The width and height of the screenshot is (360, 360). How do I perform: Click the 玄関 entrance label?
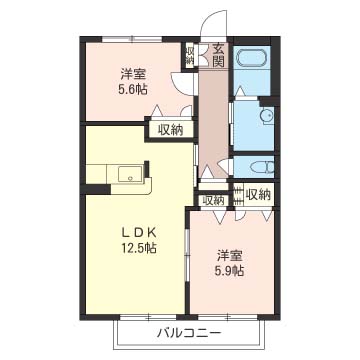[219, 55]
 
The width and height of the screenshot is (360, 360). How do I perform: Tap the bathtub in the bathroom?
[251, 58]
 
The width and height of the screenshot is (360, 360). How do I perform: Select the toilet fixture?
[263, 167]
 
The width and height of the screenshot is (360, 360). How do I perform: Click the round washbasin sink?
[266, 116]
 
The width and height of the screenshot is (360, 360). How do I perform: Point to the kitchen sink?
[130, 174]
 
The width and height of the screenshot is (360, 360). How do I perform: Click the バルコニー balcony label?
[189, 333]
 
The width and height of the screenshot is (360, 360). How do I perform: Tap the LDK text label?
[139, 233]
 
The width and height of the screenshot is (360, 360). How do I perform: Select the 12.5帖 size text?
[139, 248]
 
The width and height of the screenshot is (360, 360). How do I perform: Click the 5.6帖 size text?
[134, 89]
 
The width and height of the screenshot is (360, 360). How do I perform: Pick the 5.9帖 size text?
[230, 272]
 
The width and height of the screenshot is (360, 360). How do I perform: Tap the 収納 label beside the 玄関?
[190, 55]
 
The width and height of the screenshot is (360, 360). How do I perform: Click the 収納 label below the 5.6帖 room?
[170, 130]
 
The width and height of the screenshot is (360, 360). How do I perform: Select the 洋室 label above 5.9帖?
[230, 257]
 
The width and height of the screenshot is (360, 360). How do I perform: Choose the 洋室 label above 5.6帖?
[134, 74]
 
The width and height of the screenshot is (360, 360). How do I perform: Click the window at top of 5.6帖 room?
[132, 39]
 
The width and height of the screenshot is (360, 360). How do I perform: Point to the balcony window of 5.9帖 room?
[228, 317]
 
